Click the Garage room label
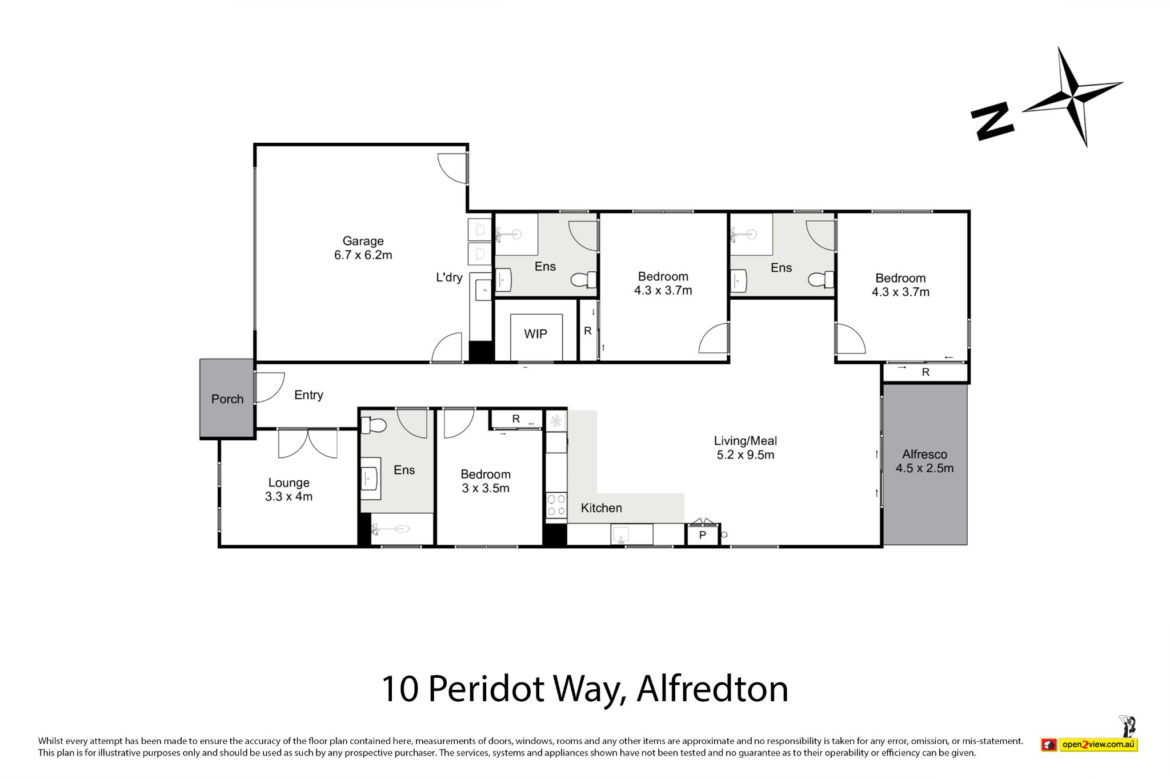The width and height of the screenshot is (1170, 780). click(x=363, y=241)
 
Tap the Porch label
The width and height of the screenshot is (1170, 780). click(x=227, y=399)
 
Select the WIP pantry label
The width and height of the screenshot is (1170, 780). click(x=535, y=334)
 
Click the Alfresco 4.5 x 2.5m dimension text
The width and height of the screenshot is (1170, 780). click(x=924, y=469)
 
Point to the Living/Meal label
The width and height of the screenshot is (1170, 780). click(x=746, y=441)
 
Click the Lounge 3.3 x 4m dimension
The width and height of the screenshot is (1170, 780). click(x=289, y=497)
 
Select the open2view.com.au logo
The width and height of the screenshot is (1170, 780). click(x=1097, y=745)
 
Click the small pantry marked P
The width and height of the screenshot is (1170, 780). click(x=703, y=535)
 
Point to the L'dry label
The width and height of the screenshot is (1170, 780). click(x=449, y=278)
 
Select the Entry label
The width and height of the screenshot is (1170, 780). click(x=308, y=395)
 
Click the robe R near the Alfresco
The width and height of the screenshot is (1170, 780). click(x=925, y=372)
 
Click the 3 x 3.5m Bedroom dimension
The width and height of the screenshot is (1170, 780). click(x=486, y=489)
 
